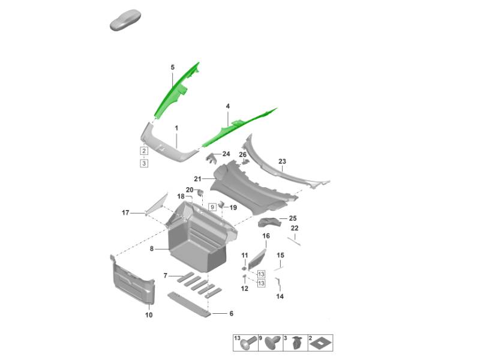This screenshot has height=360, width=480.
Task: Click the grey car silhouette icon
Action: coord(125,20)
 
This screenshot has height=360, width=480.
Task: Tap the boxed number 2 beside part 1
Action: coord(144,151)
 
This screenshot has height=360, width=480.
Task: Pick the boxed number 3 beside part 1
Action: coord(144,163)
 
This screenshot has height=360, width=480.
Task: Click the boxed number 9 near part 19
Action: coord(212,207)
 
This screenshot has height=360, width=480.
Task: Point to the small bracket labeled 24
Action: coord(211,158)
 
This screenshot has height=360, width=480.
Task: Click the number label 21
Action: coord(197,179)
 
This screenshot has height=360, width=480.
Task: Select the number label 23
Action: coord(282,161)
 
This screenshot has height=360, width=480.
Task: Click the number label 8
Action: coord(152,249)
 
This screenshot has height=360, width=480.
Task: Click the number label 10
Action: coord(149,315)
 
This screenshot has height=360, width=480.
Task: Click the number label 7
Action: coord(166,276)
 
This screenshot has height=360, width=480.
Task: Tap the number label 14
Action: coord(280,296)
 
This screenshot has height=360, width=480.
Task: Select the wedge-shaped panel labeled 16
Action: coord(257,260)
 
